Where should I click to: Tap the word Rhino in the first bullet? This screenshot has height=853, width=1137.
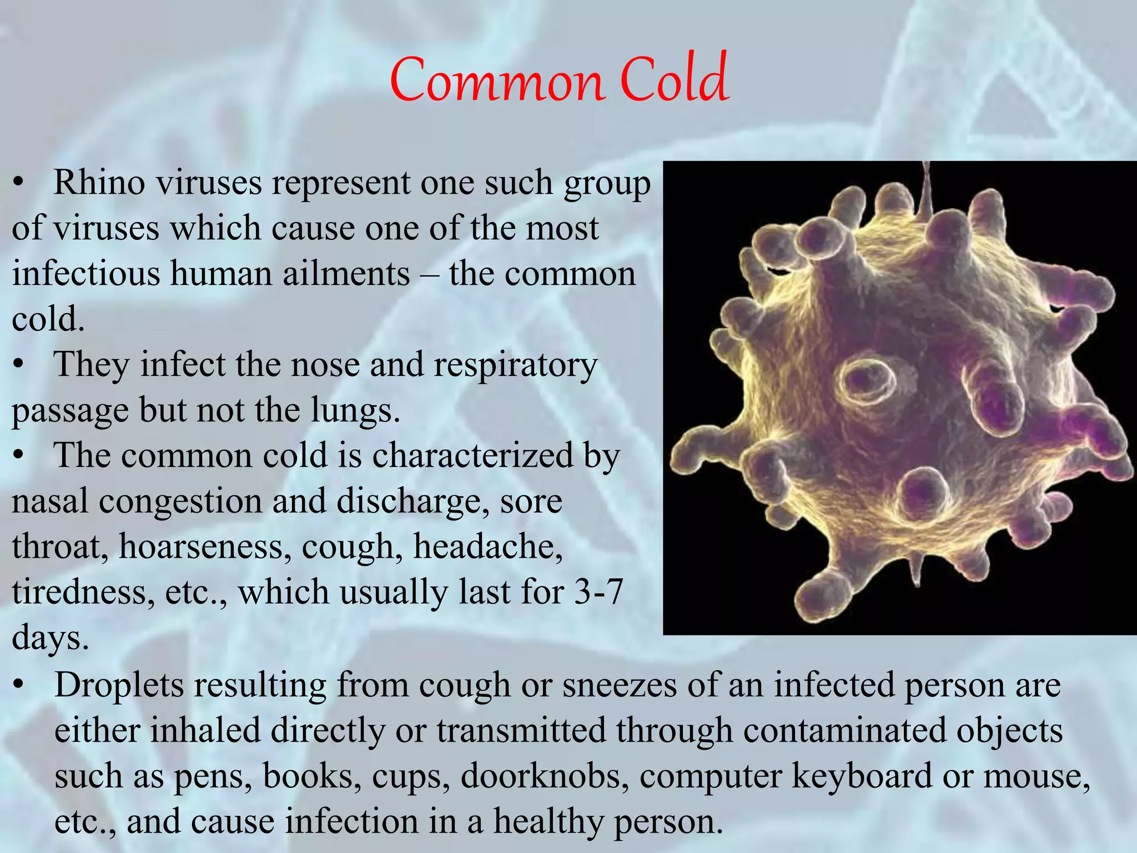(x=99, y=183)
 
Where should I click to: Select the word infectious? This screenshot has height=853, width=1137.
(x=85, y=274)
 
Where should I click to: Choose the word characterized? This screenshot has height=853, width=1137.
(x=472, y=456)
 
